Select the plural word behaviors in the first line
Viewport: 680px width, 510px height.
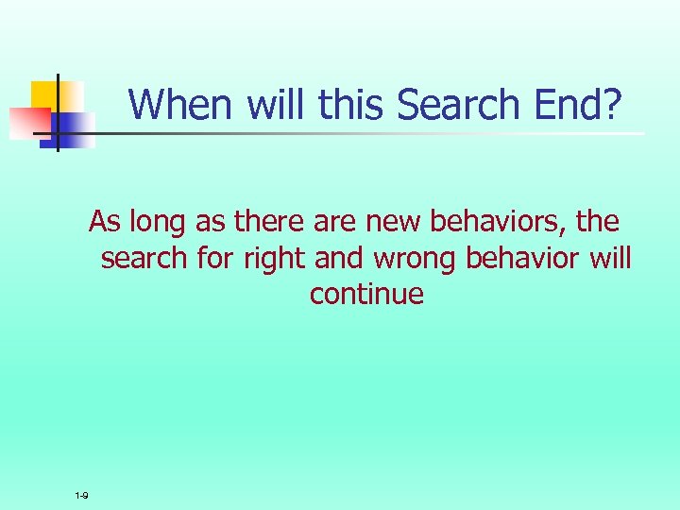pos(498,222)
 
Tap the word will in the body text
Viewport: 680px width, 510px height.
pos(611,258)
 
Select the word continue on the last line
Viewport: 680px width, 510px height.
pos(366,294)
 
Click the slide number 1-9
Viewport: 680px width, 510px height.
pos(82,496)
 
